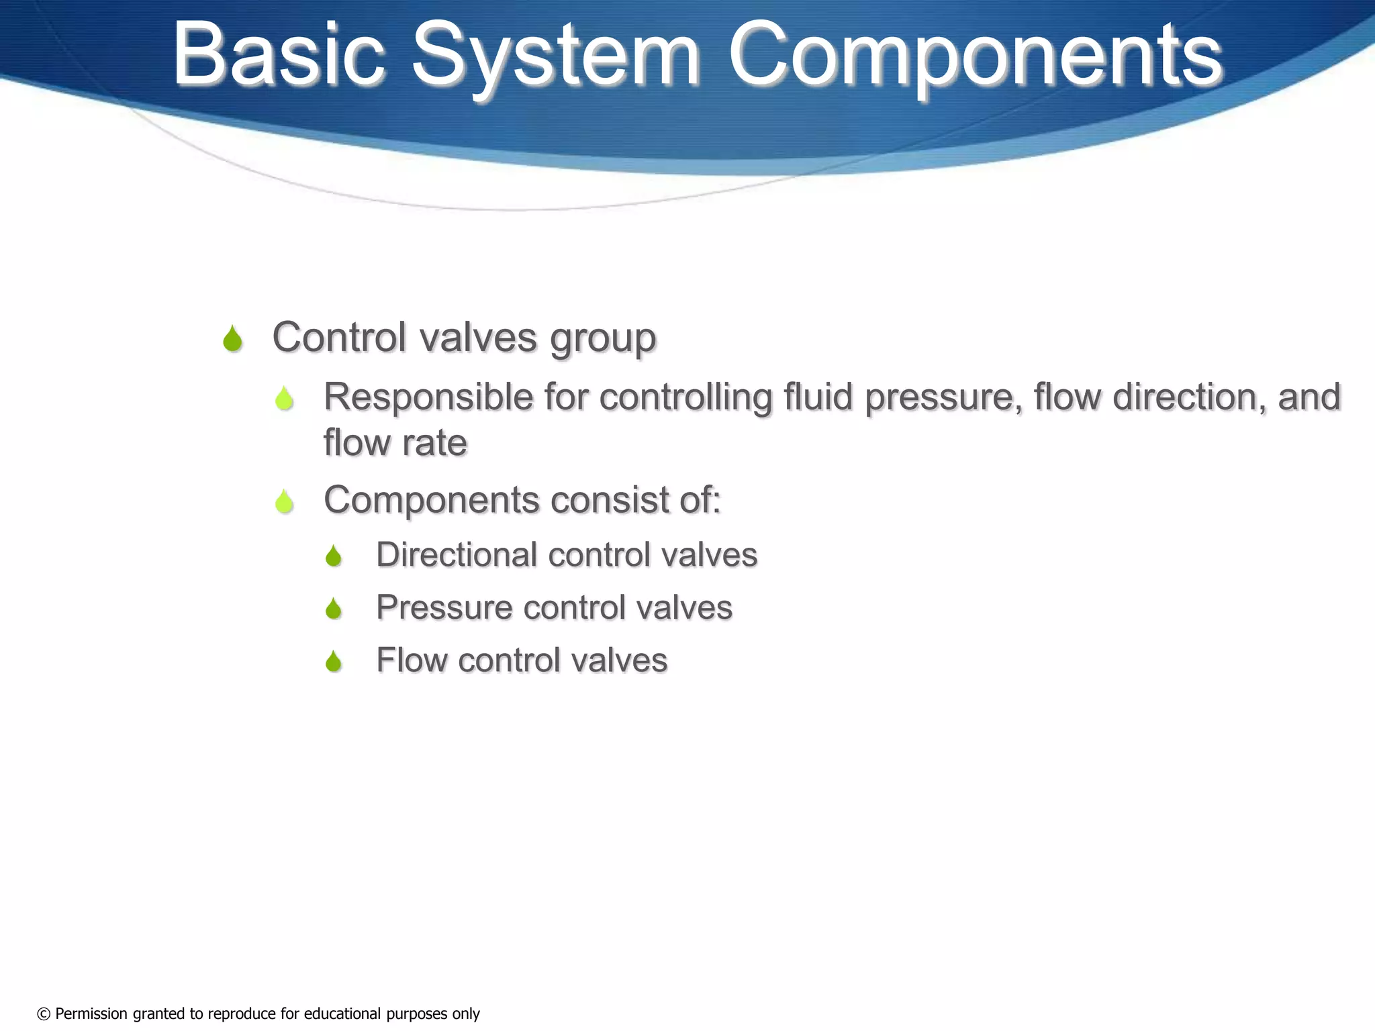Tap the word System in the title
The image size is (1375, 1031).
[x=555, y=55]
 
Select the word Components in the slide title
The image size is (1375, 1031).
[x=976, y=55]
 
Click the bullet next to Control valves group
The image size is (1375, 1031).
[x=232, y=339]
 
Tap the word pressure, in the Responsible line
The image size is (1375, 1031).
[x=943, y=398]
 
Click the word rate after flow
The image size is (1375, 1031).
[x=434, y=443]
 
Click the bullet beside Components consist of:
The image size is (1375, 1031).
[x=285, y=501]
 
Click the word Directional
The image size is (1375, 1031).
[x=457, y=555]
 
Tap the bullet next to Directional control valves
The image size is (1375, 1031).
[x=334, y=556]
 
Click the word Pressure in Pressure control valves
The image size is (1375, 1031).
[x=444, y=608]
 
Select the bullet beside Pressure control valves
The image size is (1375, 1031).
[x=334, y=609]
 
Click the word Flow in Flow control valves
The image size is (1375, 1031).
[x=411, y=660]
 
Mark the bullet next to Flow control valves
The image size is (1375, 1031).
[x=334, y=662]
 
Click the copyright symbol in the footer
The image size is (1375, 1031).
[x=44, y=1014]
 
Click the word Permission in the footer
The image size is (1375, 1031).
[x=91, y=1014]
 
